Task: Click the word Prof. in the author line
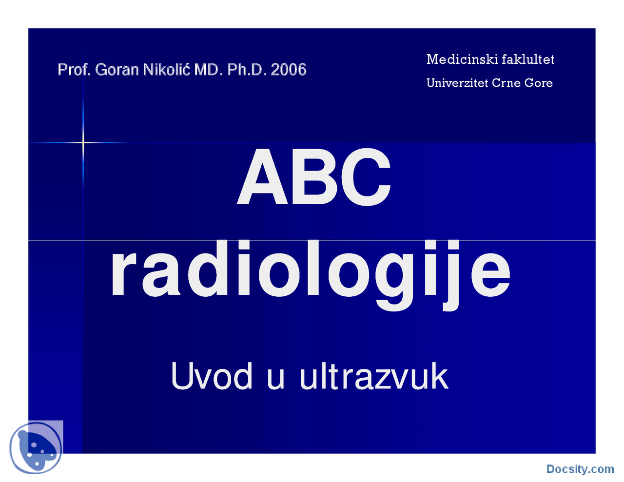coord(74,70)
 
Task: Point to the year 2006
coord(289,70)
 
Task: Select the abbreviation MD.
coord(208,70)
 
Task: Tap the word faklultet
coord(528,59)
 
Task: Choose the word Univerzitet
coord(457,83)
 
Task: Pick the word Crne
coord(506,83)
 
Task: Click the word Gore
coord(539,83)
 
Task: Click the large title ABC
coord(314,177)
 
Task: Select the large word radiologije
coord(311,271)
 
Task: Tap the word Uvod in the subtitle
coord(212,376)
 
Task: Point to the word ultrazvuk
coord(374,376)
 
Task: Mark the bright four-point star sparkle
coord(83,142)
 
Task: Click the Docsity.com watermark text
coord(580,469)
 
